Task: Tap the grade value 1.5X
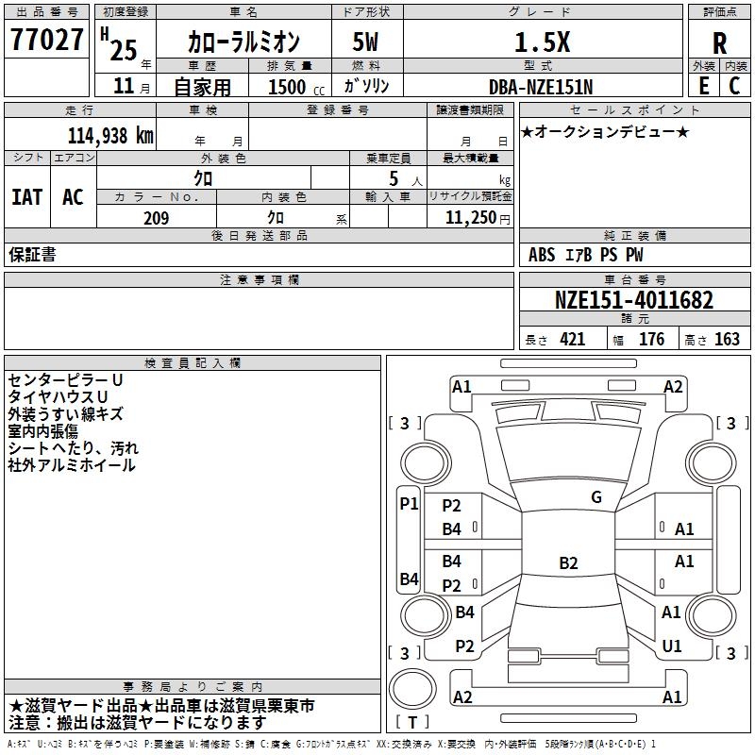(541, 42)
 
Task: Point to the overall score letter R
(720, 43)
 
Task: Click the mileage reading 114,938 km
(110, 135)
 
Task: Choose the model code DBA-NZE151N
(541, 86)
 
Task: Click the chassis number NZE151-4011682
(633, 301)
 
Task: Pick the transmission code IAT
(26, 197)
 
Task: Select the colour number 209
(156, 218)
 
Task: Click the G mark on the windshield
(596, 497)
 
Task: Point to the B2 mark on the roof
(568, 563)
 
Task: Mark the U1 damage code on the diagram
(672, 646)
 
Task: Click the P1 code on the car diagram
(409, 504)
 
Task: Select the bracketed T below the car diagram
(413, 723)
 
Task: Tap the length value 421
(572, 340)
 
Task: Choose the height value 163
(727, 340)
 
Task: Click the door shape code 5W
(366, 42)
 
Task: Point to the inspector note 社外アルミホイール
(72, 465)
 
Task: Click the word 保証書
(32, 255)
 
